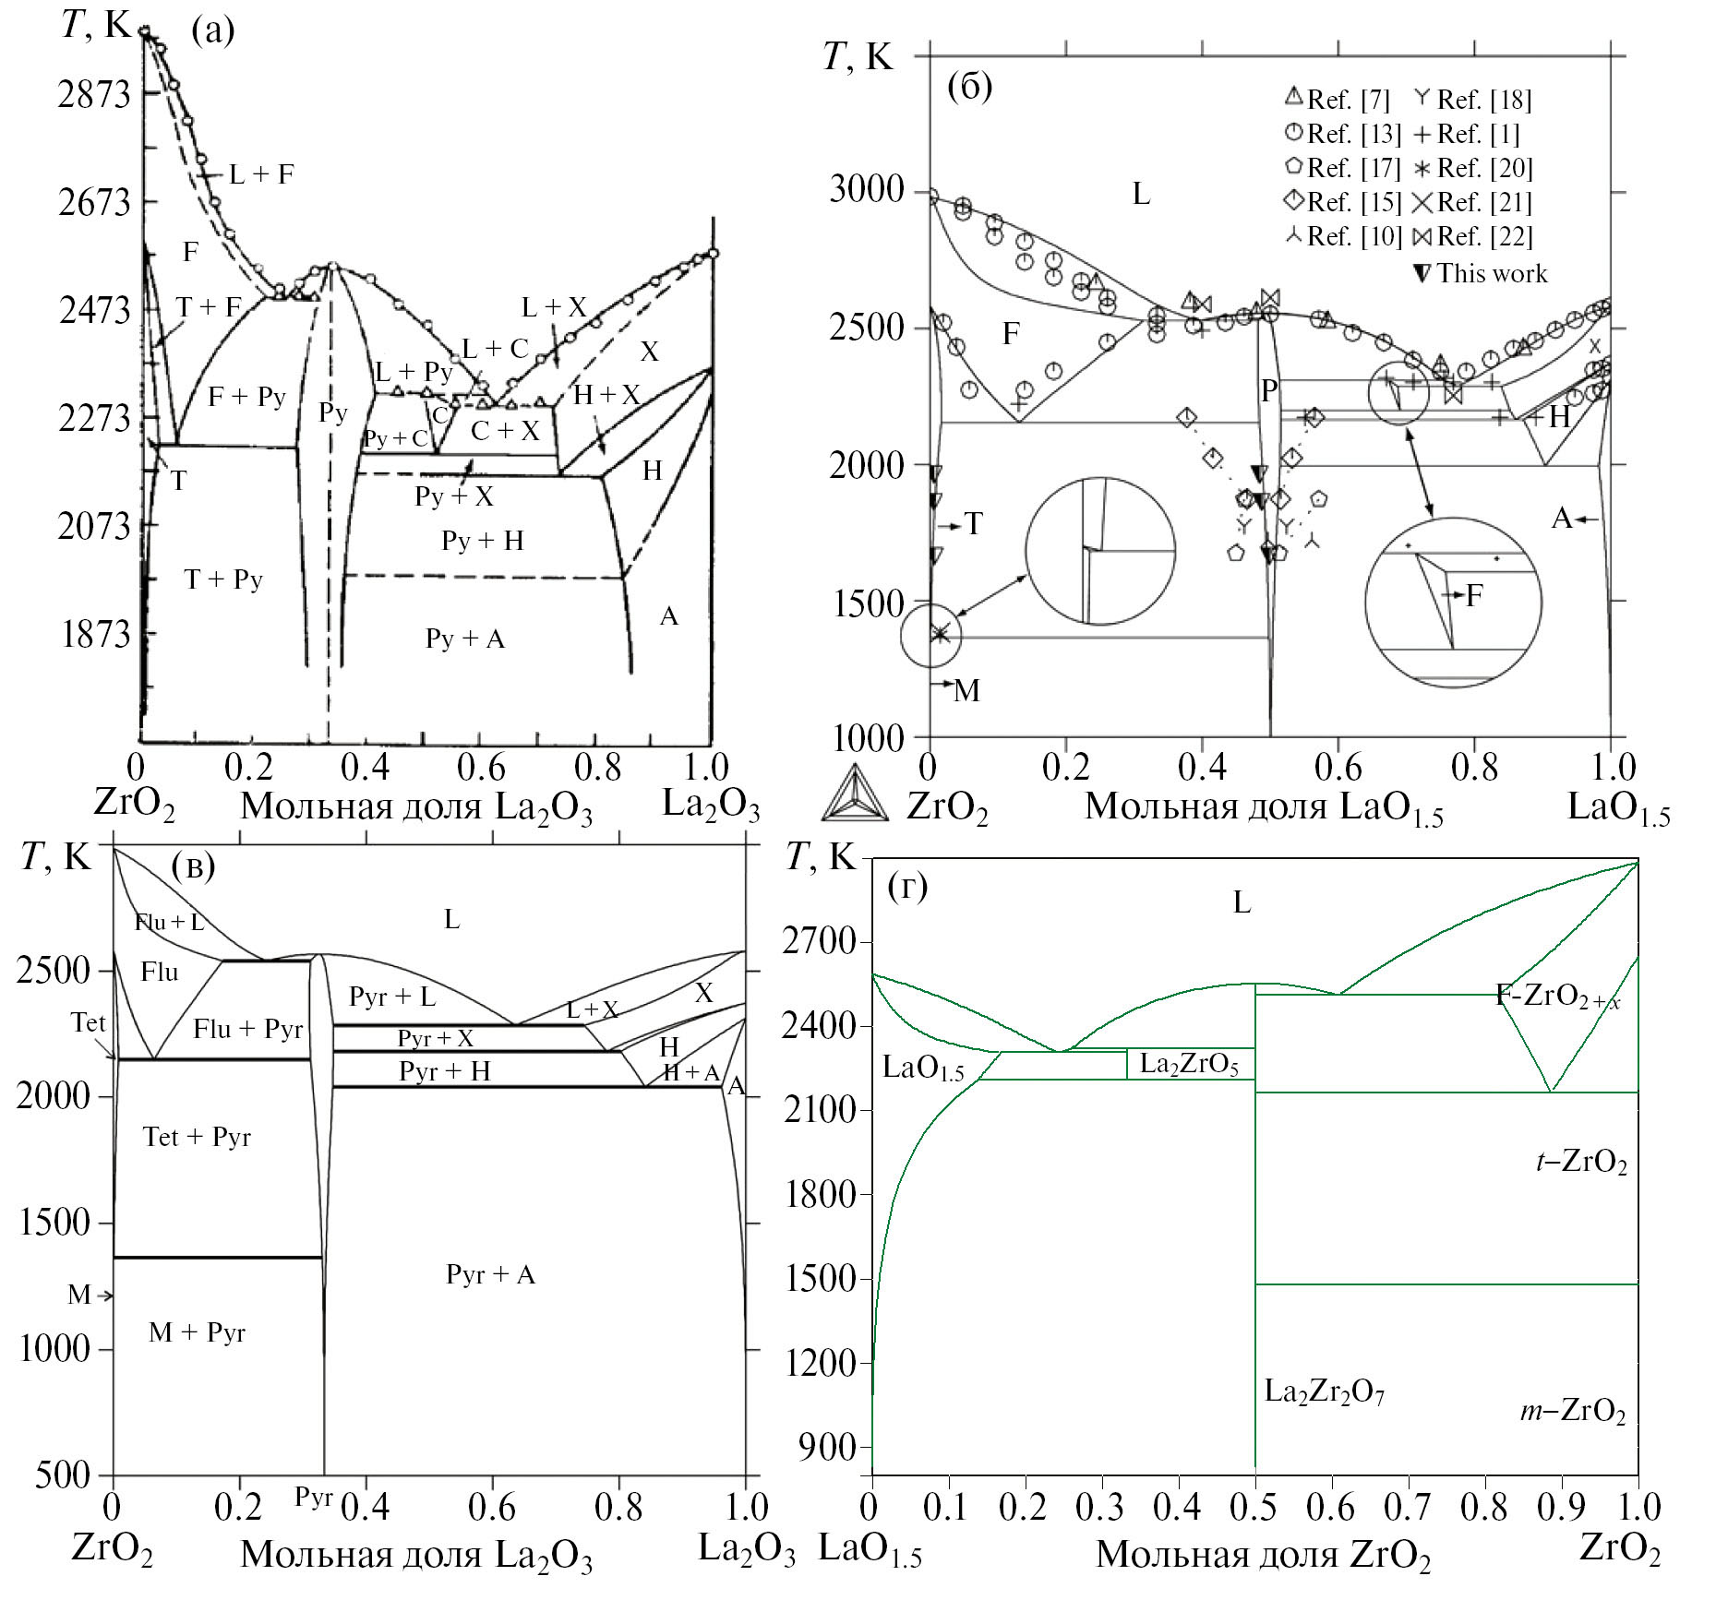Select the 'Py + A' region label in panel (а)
[x=465, y=639]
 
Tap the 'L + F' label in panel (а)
[x=261, y=173]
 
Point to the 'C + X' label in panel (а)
[x=504, y=431]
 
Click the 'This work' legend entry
[x=1481, y=273]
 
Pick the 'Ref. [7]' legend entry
[x=1339, y=99]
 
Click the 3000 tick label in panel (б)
[x=866, y=190]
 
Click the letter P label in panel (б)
[x=1269, y=391]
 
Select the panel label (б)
[x=969, y=87]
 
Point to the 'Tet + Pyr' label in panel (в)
[x=197, y=1137]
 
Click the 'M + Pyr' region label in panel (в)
[x=197, y=1332]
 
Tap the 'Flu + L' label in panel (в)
[x=169, y=922]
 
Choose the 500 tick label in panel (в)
[x=63, y=1475]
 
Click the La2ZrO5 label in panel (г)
[x=1189, y=1064]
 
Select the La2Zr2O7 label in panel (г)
[x=1324, y=1392]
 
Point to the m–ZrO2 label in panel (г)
[x=1573, y=1411]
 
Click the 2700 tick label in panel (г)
[x=818, y=942]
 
